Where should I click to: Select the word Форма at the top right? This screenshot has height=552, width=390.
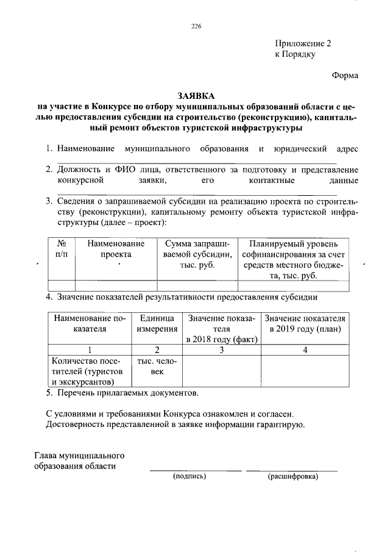pyautogui.click(x=345, y=75)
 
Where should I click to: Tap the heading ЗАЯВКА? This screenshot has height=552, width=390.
pyautogui.click(x=196, y=96)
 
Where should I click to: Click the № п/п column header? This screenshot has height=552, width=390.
pyautogui.click(x=61, y=248)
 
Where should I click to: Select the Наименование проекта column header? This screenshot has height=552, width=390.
pyautogui.click(x=116, y=248)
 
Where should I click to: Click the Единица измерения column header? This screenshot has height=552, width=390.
pyautogui.click(x=157, y=324)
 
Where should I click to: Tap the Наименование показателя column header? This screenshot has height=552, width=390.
pyautogui.click(x=89, y=324)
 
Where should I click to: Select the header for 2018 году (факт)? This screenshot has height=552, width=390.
pyautogui.click(x=222, y=329)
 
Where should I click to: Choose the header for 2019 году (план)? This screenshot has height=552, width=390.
pyautogui.click(x=305, y=324)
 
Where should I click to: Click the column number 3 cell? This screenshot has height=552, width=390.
pyautogui.click(x=222, y=350)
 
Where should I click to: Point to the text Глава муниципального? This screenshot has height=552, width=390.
pyautogui.click(x=79, y=456)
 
